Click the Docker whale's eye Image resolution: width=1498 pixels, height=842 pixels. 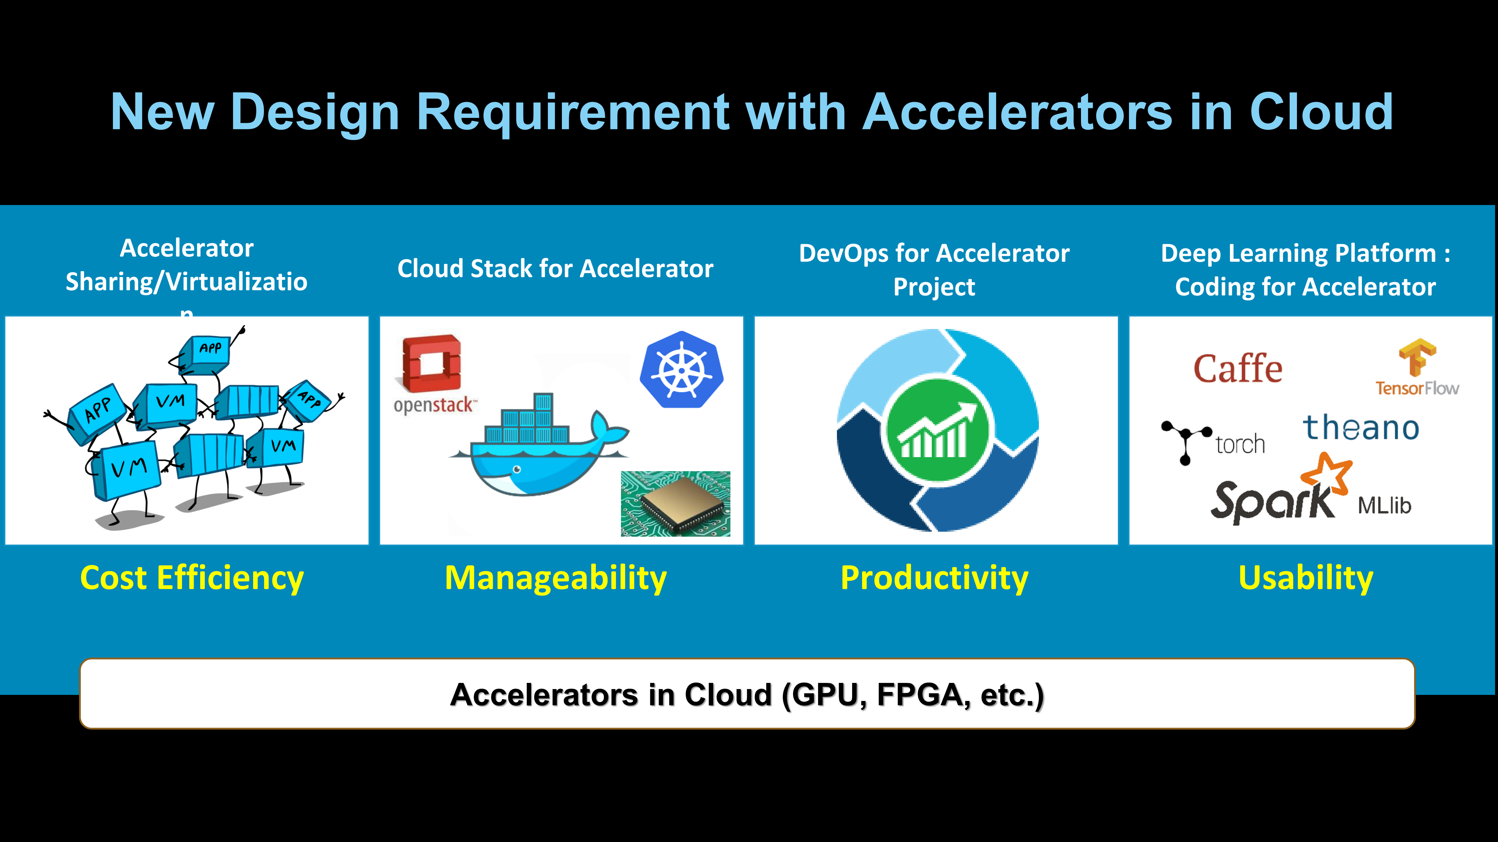coord(517,469)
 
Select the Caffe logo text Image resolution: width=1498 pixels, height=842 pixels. coord(1238,369)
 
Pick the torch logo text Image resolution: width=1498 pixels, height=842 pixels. coord(1240,445)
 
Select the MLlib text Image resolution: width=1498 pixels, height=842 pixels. coord(1384,506)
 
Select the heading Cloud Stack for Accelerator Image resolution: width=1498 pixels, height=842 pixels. coord(555,268)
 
